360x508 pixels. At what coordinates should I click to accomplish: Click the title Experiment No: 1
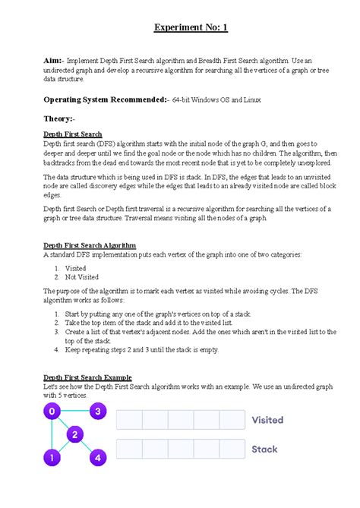pyautogui.click(x=191, y=28)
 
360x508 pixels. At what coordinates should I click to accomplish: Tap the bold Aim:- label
pyautogui.click(x=54, y=59)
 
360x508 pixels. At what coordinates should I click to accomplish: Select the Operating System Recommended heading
pyautogui.click(x=104, y=99)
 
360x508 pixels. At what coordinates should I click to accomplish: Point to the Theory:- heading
pyautogui.click(x=59, y=118)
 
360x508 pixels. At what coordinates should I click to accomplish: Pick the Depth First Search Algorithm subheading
pyautogui.click(x=90, y=245)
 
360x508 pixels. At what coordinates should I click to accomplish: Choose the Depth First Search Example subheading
pyautogui.click(x=87, y=377)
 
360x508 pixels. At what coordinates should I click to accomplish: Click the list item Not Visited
pyautogui.click(x=82, y=277)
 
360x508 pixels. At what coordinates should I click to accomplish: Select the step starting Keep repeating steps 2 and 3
pyautogui.click(x=142, y=350)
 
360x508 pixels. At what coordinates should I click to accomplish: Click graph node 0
pyautogui.click(x=52, y=412)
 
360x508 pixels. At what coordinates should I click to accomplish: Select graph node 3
pyautogui.click(x=97, y=412)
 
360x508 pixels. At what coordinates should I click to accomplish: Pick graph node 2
pyautogui.click(x=74, y=435)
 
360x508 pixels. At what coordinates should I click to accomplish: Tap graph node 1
pyautogui.click(x=52, y=458)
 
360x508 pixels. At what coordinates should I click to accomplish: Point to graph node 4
pyautogui.click(x=97, y=458)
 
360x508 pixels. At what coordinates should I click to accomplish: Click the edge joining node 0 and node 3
pyautogui.click(x=74, y=412)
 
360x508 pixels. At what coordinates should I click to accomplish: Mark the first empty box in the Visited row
pyautogui.click(x=129, y=420)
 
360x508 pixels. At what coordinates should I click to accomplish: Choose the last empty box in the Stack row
pyautogui.click(x=232, y=450)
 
